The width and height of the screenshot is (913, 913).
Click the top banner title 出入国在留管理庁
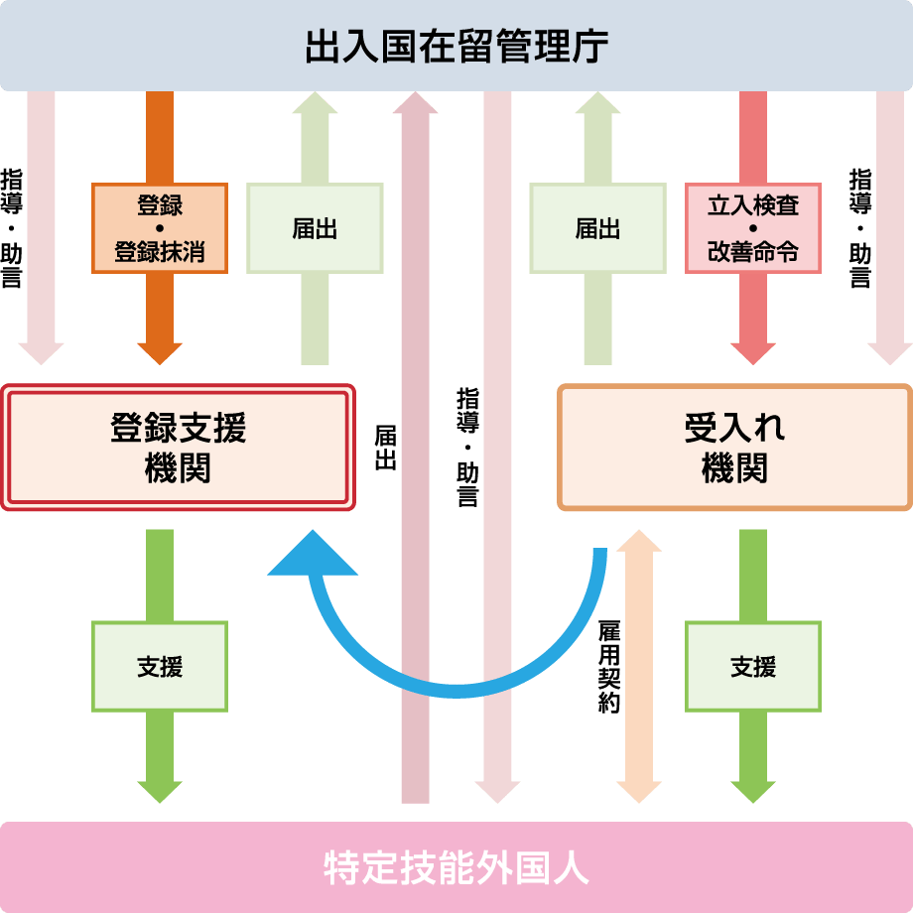(x=456, y=46)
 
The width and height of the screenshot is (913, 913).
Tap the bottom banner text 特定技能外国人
(x=456, y=867)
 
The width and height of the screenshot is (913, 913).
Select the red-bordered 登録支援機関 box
(x=179, y=447)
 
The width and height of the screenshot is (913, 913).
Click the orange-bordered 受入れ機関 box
(x=734, y=447)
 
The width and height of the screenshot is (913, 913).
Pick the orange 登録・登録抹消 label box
(x=160, y=228)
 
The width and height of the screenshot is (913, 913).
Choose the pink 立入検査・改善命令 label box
(x=753, y=228)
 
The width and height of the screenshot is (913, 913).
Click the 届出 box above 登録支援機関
(x=315, y=228)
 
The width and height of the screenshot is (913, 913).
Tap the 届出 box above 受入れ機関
(x=598, y=228)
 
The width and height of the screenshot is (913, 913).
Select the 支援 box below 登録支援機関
(x=160, y=667)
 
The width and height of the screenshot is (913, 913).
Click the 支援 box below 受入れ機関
(x=753, y=667)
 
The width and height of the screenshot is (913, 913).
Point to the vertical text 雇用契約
(x=608, y=667)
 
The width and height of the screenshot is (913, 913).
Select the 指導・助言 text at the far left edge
(x=11, y=228)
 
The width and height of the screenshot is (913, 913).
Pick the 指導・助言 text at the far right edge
(x=860, y=228)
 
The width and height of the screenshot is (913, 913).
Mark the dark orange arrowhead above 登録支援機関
(x=160, y=353)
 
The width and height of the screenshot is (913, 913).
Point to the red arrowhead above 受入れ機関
(x=753, y=353)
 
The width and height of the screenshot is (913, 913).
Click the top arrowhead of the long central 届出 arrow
(x=415, y=102)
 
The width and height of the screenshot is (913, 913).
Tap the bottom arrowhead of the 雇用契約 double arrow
(x=639, y=790)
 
